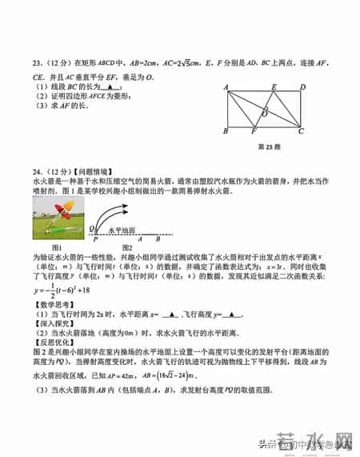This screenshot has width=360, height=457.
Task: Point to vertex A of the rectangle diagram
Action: point(226,88)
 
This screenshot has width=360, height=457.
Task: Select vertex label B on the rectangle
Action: point(226,132)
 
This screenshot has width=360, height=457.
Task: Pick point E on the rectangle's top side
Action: point(274,87)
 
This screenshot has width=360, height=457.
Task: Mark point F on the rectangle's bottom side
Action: point(254,133)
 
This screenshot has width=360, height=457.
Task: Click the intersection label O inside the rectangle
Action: point(266,113)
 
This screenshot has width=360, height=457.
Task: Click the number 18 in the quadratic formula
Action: point(103,290)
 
